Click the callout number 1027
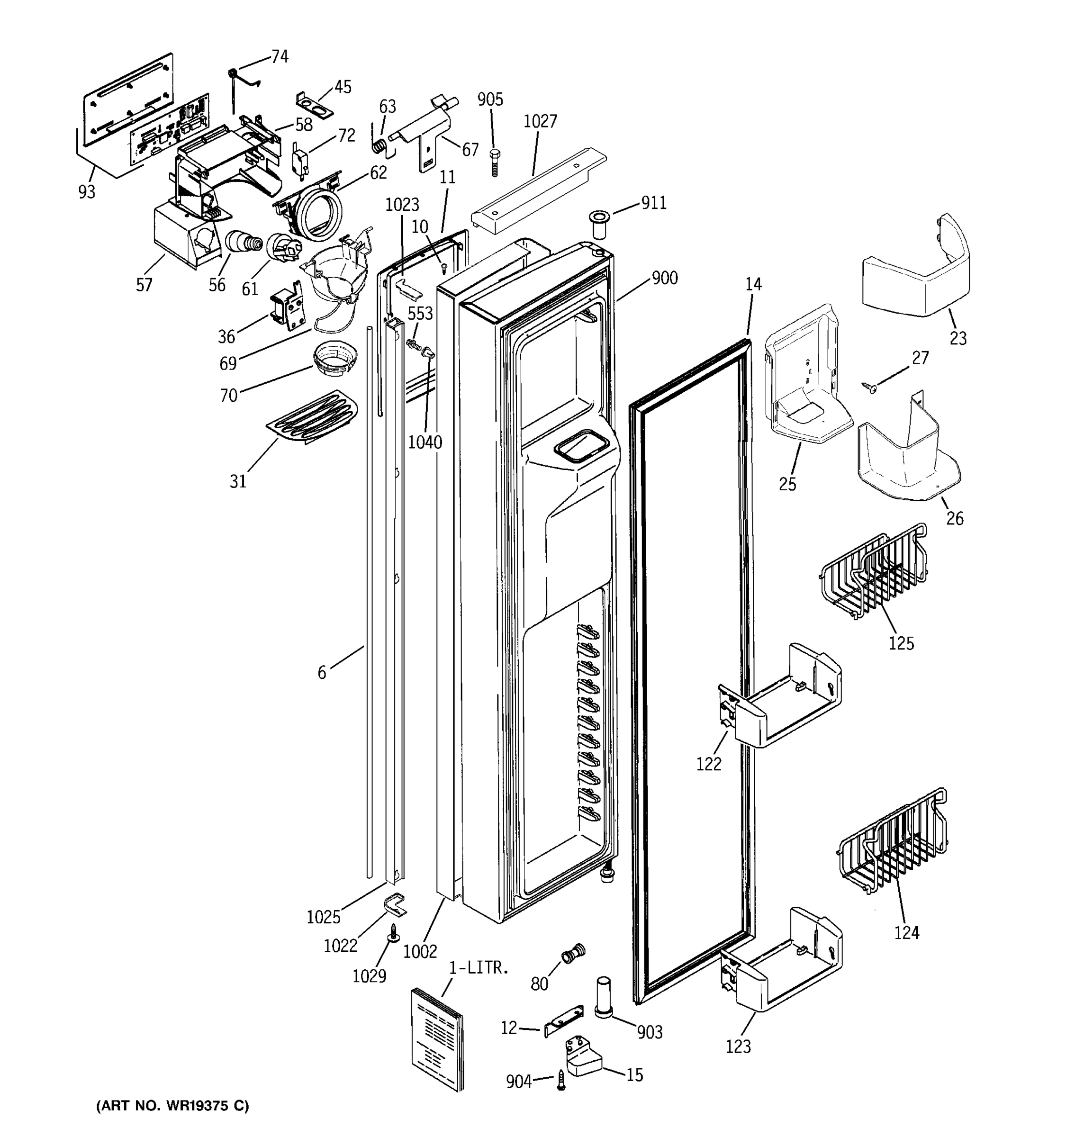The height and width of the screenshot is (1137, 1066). point(540,121)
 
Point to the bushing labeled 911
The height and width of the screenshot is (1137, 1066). point(599,225)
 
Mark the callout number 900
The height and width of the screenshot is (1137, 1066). point(665,279)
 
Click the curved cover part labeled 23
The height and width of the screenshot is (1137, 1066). point(916,271)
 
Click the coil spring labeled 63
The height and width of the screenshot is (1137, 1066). point(379,146)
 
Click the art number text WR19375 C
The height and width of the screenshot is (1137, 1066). point(173,1106)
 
